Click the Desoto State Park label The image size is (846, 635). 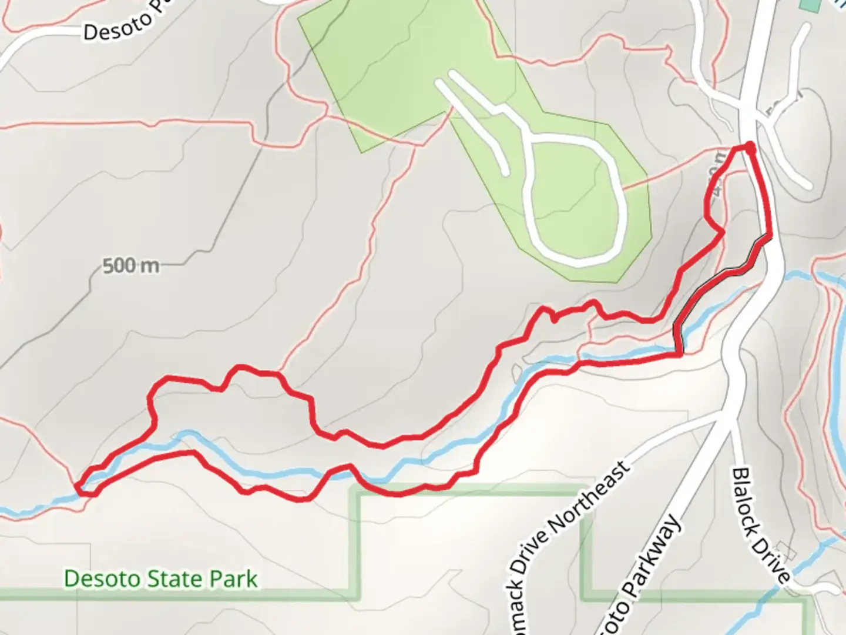pos(160,579)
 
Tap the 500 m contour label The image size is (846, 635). pos(130,266)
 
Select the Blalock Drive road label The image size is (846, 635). pos(761,525)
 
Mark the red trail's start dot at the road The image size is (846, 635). pos(750,145)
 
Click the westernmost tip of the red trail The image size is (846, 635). pos(77,486)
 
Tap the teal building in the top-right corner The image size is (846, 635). pos(811,5)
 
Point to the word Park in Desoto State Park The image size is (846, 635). pos(235,579)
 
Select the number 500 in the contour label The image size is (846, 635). pos(119,266)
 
